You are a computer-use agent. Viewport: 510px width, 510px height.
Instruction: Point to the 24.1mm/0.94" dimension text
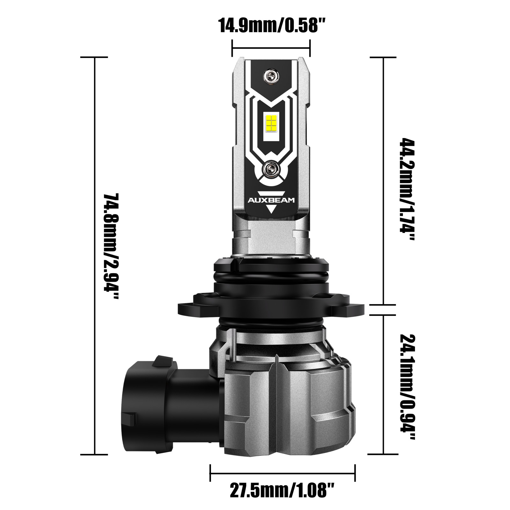coord(407,387)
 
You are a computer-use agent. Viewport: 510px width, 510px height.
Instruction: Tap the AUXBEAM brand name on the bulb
coord(272,200)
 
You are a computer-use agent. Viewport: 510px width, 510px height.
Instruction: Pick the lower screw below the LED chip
coord(272,168)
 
